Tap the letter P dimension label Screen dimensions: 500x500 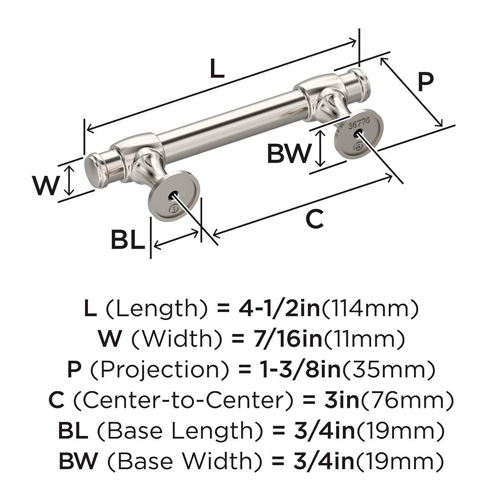coord(425,83)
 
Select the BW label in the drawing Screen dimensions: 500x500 coord(289,154)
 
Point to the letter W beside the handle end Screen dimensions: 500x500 coord(46,186)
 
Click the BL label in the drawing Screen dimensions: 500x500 coord(127,240)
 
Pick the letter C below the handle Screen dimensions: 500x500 coord(314,219)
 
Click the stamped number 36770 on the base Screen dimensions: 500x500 coord(359,123)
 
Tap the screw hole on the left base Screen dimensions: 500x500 coord(172,196)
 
